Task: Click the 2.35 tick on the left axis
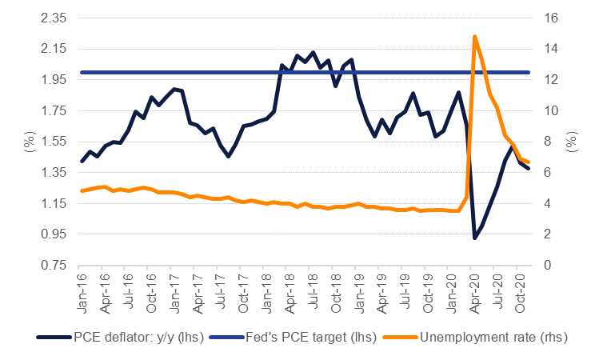pyautogui.click(x=50, y=18)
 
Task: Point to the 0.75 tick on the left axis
pyautogui.click(x=50, y=265)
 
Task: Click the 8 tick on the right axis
pyautogui.click(x=549, y=142)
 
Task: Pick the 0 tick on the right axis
pyautogui.click(x=549, y=265)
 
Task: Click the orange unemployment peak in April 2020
pyautogui.click(x=475, y=37)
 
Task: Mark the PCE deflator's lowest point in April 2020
pyautogui.click(x=475, y=238)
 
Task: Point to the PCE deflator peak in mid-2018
pyautogui.click(x=312, y=53)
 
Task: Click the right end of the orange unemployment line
pyautogui.click(x=528, y=162)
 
